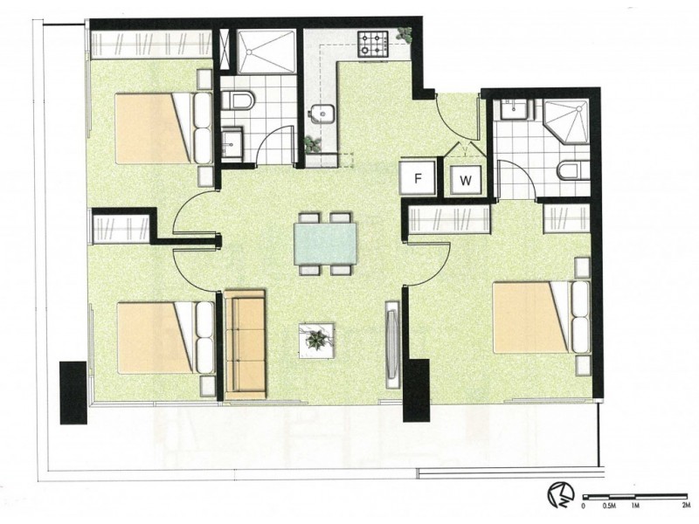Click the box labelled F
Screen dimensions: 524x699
click(x=419, y=178)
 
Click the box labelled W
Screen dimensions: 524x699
click(x=467, y=181)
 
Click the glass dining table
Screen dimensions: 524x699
click(x=325, y=244)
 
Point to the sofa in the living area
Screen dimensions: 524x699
click(x=245, y=344)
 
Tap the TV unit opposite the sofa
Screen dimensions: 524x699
click(x=391, y=342)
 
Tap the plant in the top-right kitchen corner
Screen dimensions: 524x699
click(x=404, y=35)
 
